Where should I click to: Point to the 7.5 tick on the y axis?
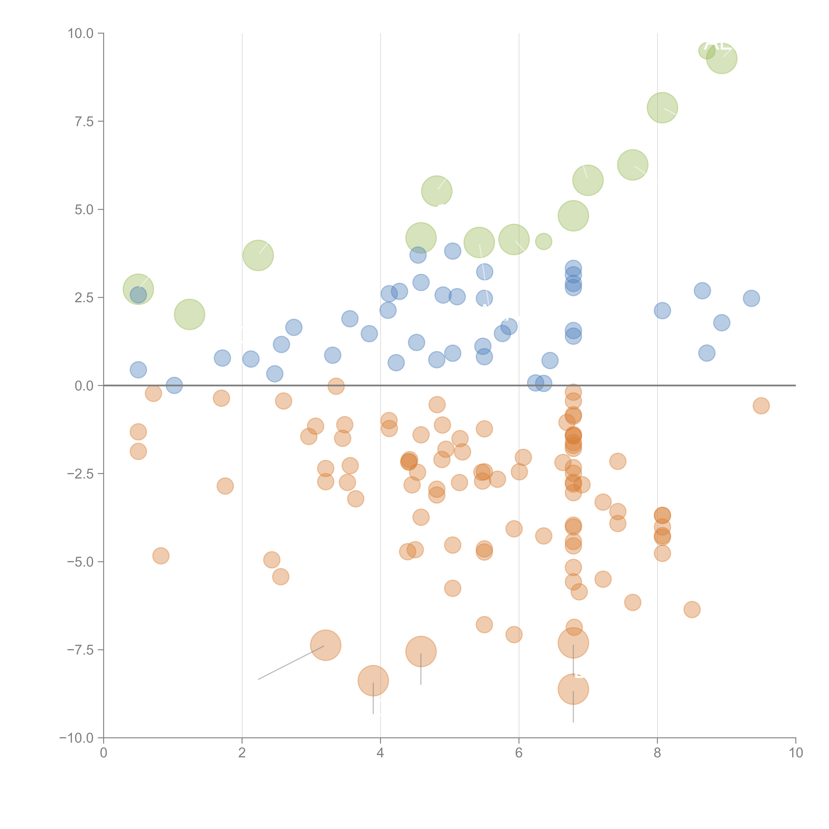84,121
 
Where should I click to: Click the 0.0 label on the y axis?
84,386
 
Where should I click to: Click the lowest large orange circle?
573,689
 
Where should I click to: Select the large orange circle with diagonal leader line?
326,645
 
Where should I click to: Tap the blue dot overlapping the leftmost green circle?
138,295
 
